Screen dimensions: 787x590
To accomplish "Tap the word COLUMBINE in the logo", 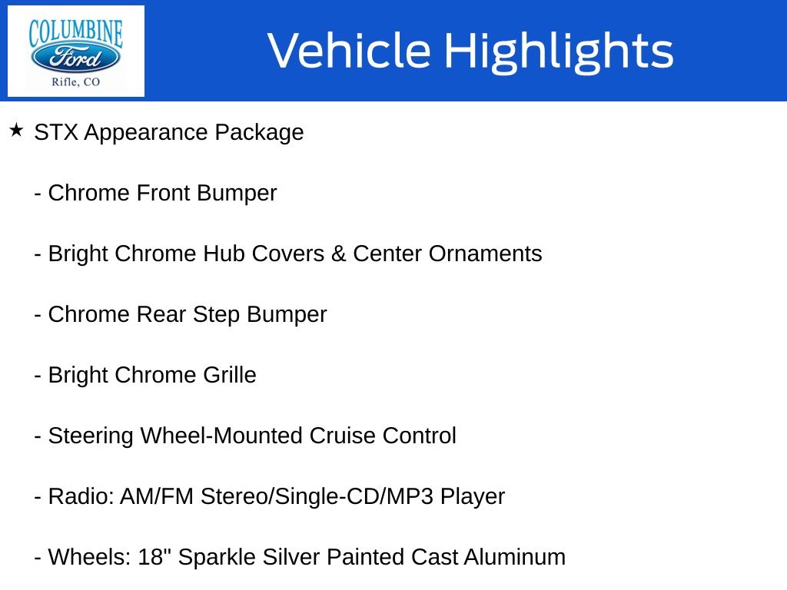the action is point(76,32).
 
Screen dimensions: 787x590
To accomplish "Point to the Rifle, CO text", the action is point(76,81).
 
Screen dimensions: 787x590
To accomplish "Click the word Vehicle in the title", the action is point(350,50).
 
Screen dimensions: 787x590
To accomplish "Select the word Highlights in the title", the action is point(560,51).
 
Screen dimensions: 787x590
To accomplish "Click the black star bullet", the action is point(17,131).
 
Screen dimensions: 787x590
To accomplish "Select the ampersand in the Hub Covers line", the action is point(338,254).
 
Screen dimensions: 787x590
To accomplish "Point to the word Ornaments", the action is point(485,254).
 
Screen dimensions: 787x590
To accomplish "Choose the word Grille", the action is point(229,375).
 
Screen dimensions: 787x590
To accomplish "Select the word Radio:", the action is point(81,497).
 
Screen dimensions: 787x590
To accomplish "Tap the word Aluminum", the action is point(514,558).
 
